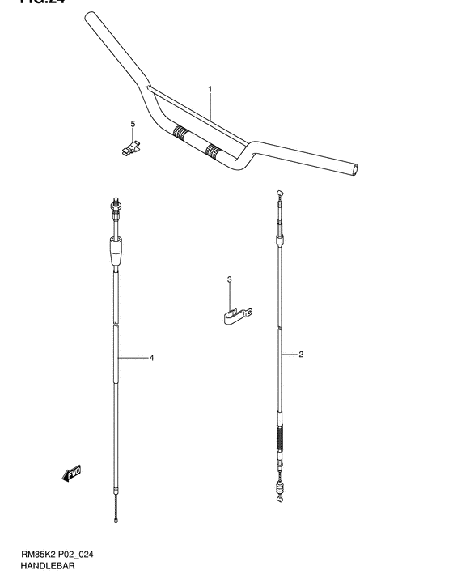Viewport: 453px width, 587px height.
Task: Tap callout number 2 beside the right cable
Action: (300, 355)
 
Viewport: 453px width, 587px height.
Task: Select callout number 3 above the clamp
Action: (229, 279)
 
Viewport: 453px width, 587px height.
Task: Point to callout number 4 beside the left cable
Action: (151, 357)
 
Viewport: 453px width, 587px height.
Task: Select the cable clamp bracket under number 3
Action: (236, 314)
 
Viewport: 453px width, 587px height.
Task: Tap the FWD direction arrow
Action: (71, 473)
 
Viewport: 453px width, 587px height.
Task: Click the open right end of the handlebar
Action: (357, 169)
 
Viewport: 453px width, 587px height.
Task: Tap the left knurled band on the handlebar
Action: (180, 133)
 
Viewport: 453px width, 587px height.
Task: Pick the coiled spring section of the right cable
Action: (280, 444)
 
